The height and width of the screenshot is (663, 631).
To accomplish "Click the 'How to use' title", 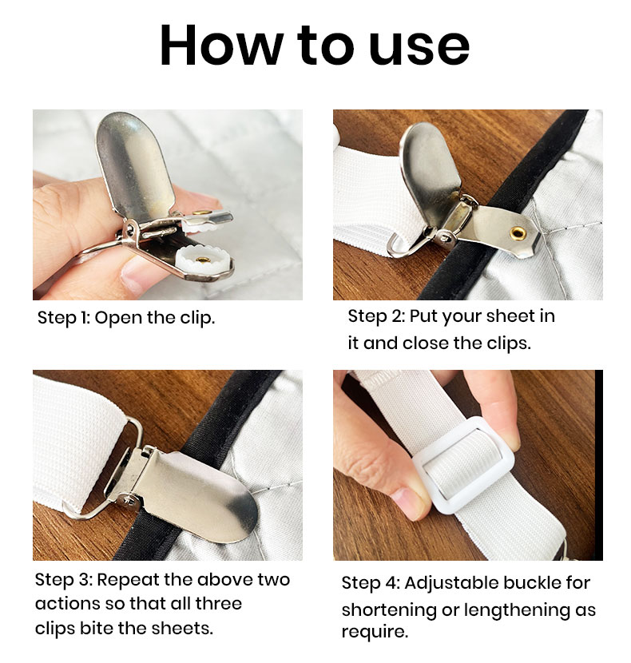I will coord(315,46).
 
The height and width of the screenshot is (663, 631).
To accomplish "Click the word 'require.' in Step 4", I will coord(375,633).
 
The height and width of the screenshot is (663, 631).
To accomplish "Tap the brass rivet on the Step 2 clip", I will coord(518,232).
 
